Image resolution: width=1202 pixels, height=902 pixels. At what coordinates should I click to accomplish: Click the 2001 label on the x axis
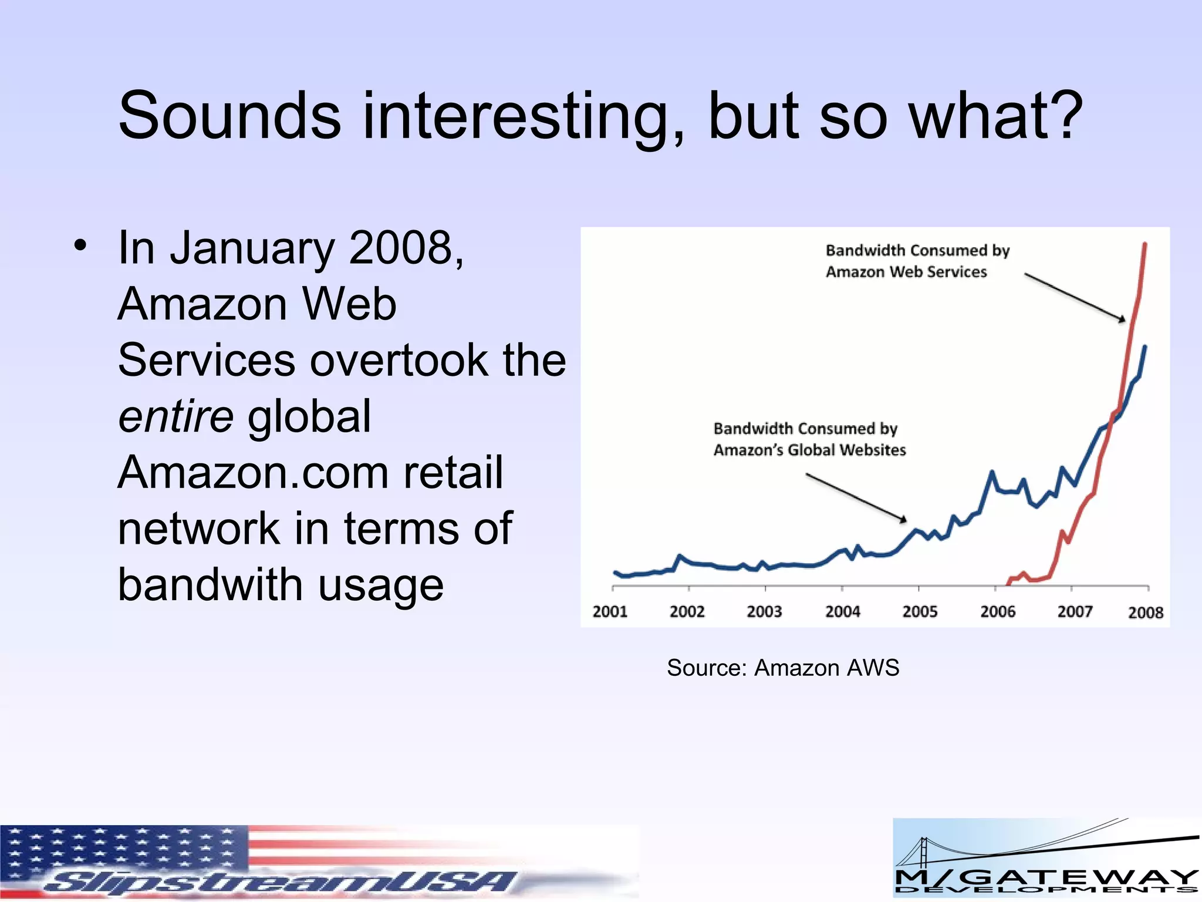click(x=610, y=611)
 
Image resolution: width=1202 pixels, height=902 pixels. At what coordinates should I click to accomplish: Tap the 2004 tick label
click(x=842, y=611)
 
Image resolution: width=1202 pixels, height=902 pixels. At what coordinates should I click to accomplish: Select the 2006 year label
click(x=997, y=611)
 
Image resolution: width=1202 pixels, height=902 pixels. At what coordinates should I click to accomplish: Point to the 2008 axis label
click(x=1145, y=612)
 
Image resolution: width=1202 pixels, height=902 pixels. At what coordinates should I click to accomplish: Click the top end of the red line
click(x=1145, y=244)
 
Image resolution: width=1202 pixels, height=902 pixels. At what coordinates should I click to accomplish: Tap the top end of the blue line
click(x=1145, y=348)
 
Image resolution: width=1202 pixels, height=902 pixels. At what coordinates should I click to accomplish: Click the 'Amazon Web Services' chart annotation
click(x=906, y=272)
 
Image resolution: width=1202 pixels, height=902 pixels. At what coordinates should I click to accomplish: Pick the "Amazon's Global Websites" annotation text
click(x=809, y=450)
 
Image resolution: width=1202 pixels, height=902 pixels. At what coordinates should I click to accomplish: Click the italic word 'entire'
click(x=175, y=416)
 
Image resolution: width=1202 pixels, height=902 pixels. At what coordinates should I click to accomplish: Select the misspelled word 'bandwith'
click(x=211, y=585)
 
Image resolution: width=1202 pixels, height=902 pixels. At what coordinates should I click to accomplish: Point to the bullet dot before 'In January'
click(x=80, y=245)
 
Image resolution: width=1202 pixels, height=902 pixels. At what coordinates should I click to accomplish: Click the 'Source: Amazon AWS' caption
click(x=782, y=668)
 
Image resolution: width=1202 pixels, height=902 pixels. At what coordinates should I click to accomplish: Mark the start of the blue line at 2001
click(x=615, y=572)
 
